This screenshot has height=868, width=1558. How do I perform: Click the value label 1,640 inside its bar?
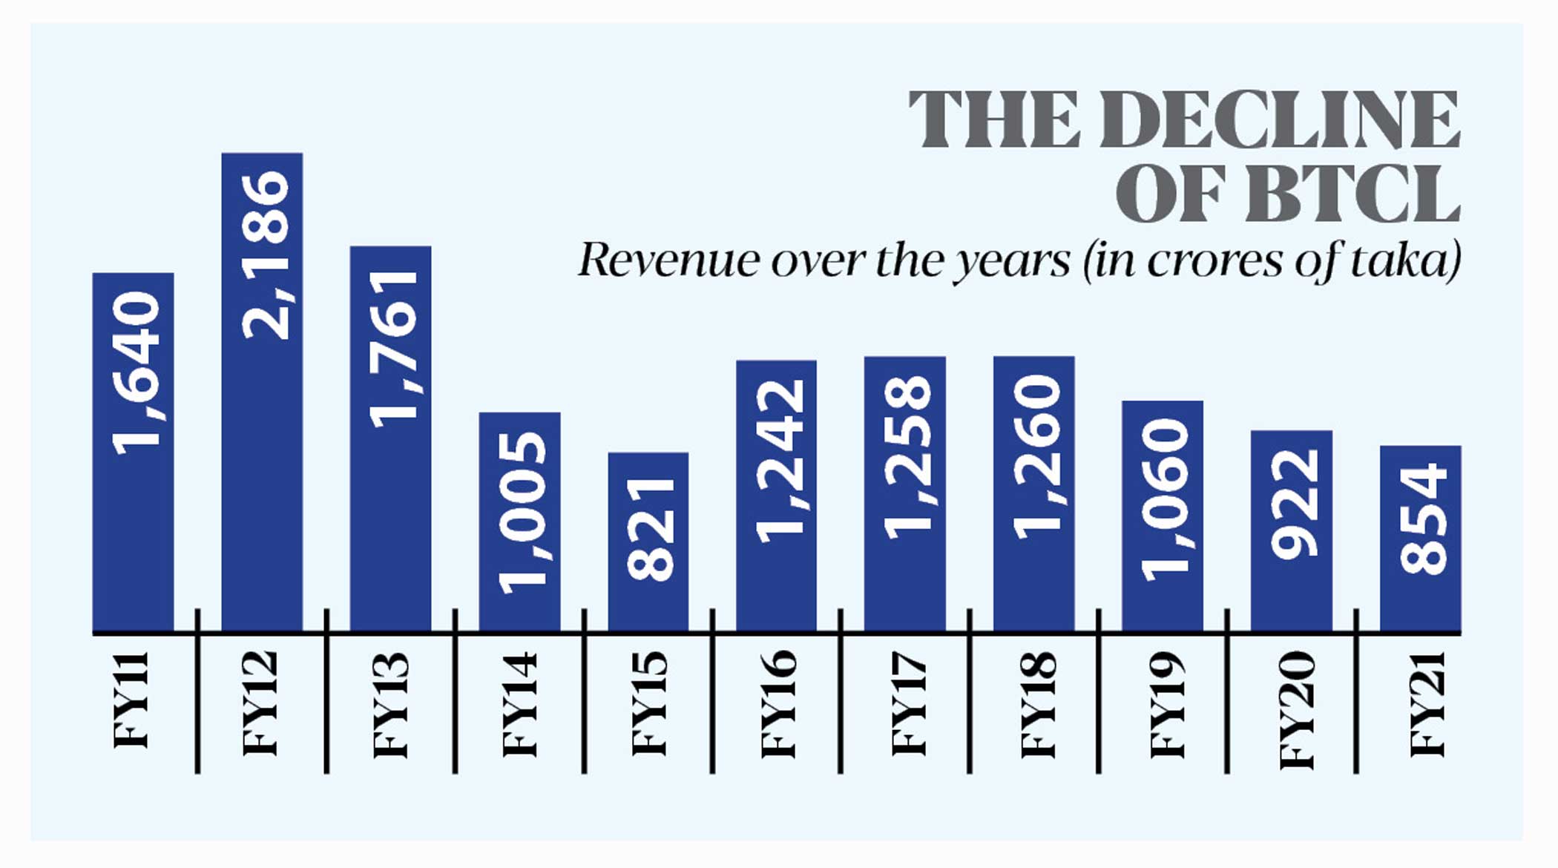click(x=136, y=373)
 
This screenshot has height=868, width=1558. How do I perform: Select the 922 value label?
click(x=1294, y=504)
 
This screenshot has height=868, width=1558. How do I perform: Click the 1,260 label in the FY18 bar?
click(x=1036, y=456)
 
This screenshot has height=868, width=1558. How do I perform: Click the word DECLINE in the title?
click(x=1280, y=120)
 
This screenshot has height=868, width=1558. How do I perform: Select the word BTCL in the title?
click(x=1352, y=194)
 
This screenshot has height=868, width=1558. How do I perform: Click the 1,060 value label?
click(x=1165, y=499)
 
